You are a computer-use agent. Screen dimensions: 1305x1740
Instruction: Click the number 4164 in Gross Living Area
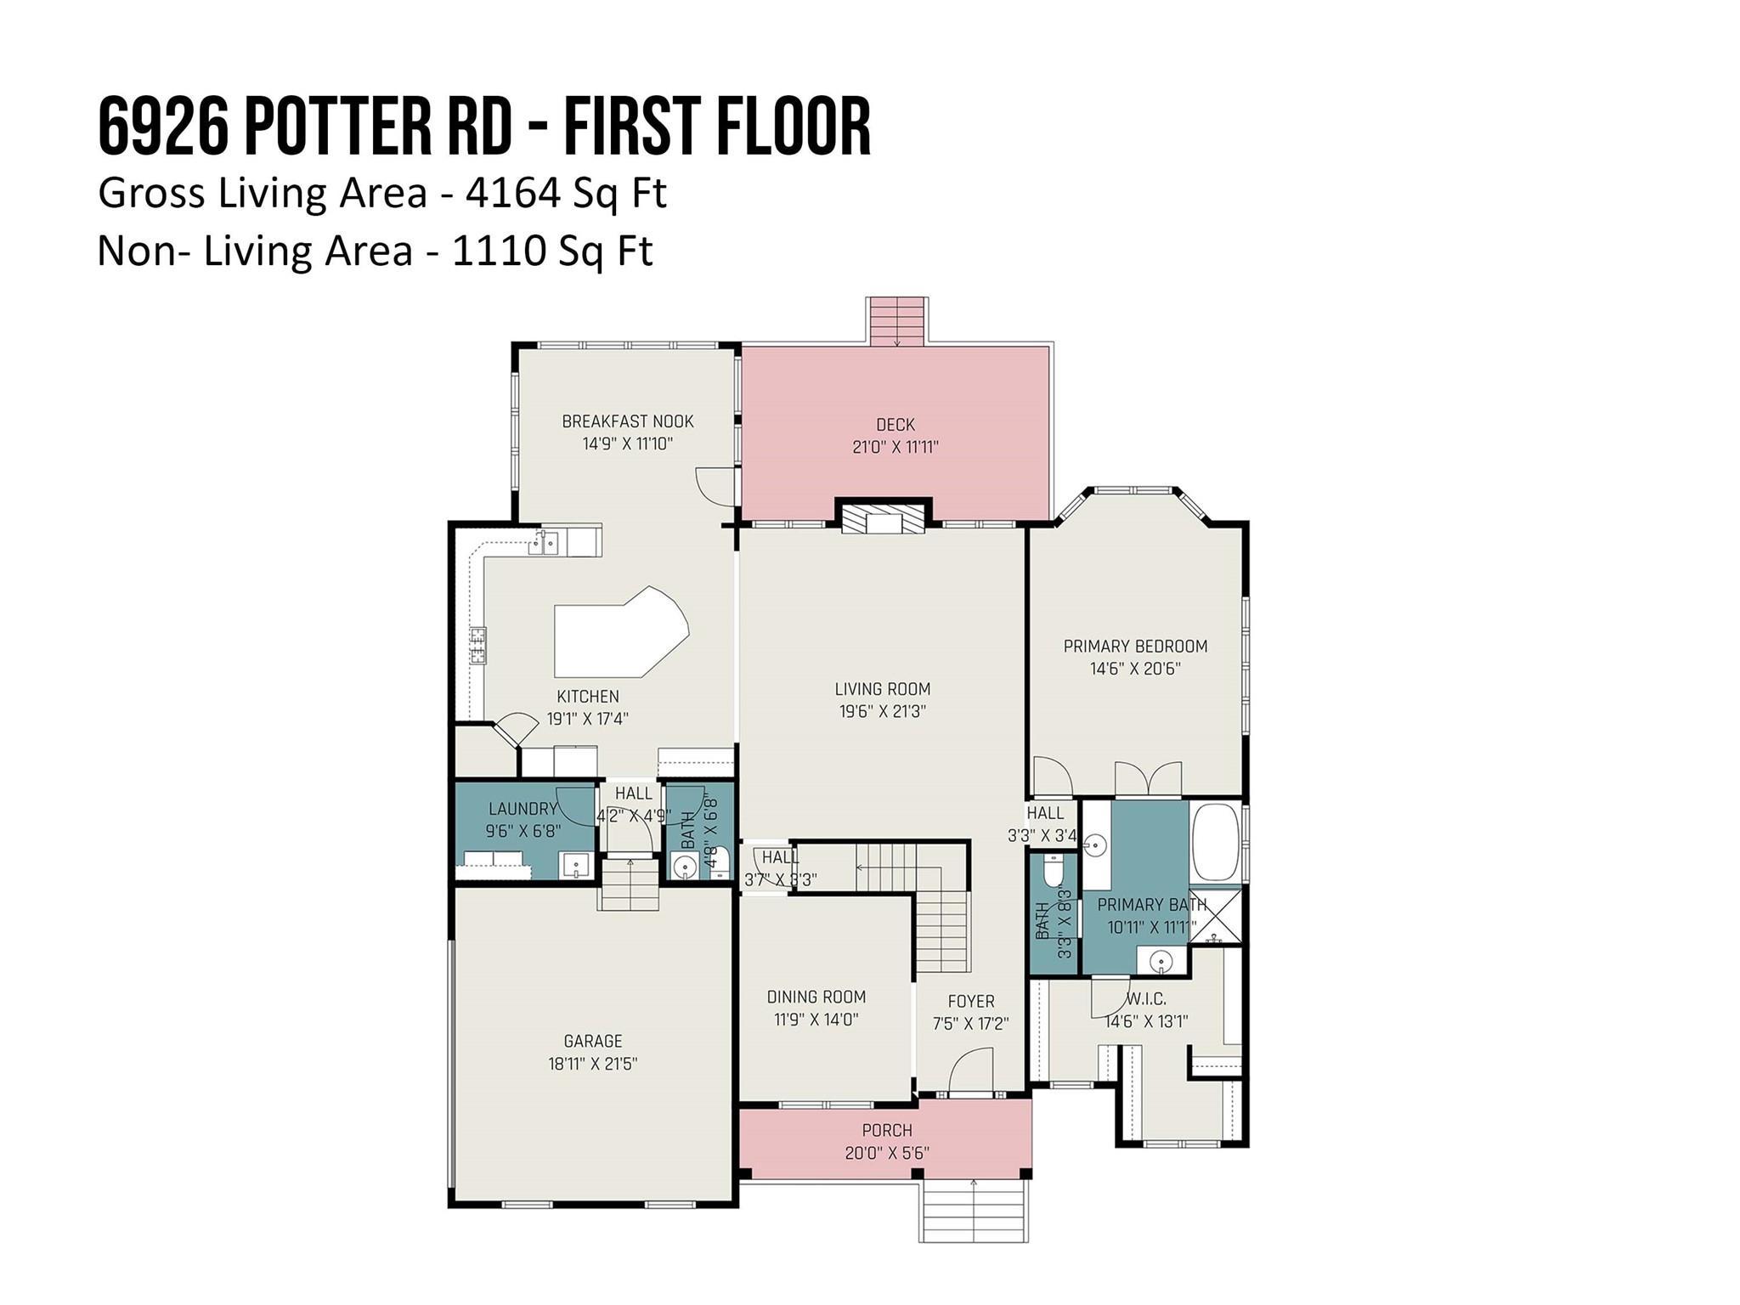(x=512, y=194)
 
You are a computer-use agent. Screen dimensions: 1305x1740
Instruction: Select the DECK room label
(x=895, y=424)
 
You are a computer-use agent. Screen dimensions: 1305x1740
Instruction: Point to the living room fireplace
(x=884, y=518)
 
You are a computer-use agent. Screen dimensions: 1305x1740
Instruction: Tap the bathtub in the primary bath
(x=1216, y=842)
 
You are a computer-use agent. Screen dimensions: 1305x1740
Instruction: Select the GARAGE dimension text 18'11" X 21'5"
(x=592, y=1064)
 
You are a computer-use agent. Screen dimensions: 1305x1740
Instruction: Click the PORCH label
(x=887, y=1131)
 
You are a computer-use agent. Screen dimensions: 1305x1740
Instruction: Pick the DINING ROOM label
(x=816, y=997)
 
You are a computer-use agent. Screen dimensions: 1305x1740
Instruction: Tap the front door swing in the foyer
(x=971, y=1071)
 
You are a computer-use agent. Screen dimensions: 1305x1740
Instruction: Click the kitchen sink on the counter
(x=545, y=541)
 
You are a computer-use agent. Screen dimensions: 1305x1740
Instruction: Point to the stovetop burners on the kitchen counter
(x=478, y=644)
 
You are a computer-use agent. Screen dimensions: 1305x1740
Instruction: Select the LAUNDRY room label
(x=523, y=809)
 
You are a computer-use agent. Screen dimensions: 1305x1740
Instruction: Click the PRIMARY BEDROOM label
(x=1135, y=647)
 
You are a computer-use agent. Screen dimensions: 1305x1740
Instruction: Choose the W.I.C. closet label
(x=1146, y=999)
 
